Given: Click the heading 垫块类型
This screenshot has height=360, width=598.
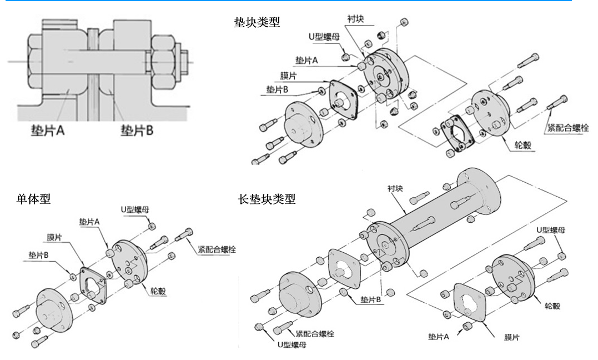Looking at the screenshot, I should click(x=258, y=23).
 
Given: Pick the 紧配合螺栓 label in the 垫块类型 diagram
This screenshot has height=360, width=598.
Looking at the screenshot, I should click(x=569, y=127).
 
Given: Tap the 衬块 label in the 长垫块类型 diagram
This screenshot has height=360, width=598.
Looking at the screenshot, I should click(x=395, y=188).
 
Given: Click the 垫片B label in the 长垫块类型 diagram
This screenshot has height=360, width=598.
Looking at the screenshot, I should click(x=370, y=299).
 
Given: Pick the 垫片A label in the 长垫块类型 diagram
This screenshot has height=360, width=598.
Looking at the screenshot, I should click(x=439, y=337).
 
